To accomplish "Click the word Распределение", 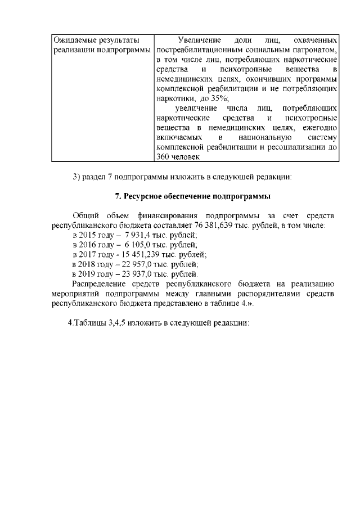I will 100,283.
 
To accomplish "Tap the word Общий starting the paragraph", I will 86,215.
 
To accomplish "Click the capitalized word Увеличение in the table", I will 197,40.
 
